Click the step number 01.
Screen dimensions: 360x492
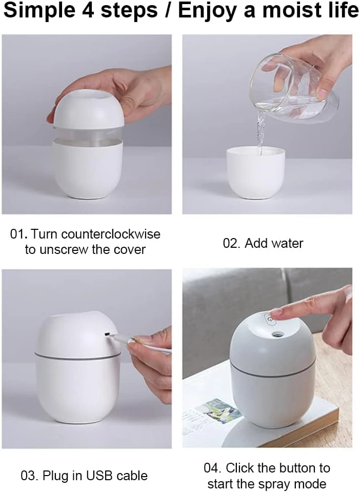coord(19,234)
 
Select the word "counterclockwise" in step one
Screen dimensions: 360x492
coord(111,234)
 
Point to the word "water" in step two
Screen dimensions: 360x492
coord(287,244)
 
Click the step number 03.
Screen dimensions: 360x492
coord(29,476)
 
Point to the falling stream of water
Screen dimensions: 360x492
coord(260,132)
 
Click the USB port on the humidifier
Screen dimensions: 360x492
coord(107,334)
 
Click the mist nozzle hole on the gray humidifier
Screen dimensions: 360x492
coord(277,334)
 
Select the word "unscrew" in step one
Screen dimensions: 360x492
coord(70,250)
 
